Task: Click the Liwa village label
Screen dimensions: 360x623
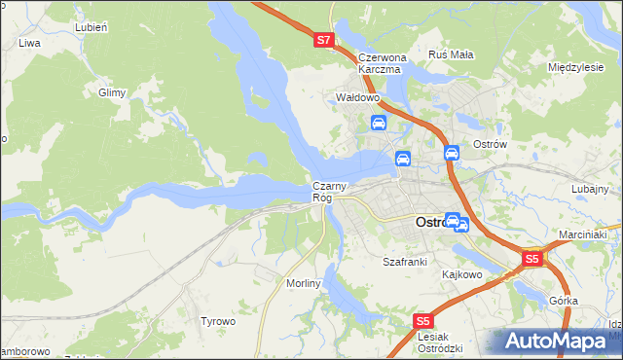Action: coord(29,44)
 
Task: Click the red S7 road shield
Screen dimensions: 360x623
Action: coord(325,41)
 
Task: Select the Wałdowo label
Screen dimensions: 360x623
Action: coord(356,98)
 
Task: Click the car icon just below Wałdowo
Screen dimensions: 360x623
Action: coord(379,124)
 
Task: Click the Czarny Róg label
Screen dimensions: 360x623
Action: coord(328,192)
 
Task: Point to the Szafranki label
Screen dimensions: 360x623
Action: coord(405,262)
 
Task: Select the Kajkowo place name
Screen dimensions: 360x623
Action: coord(462,274)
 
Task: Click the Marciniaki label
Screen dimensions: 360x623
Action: coord(583,235)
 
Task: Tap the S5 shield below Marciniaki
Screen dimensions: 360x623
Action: coord(531,260)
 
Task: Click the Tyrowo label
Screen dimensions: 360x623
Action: coord(218,320)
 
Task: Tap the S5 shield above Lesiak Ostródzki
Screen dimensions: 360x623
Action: coord(421,321)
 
